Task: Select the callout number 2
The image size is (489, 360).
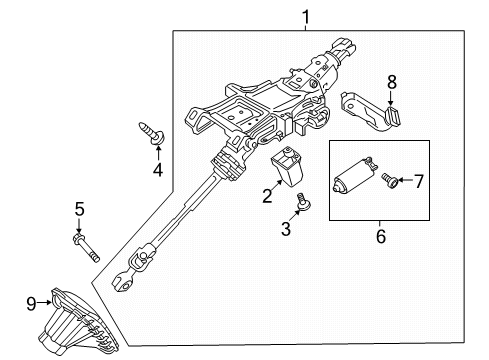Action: tap(267, 196)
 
